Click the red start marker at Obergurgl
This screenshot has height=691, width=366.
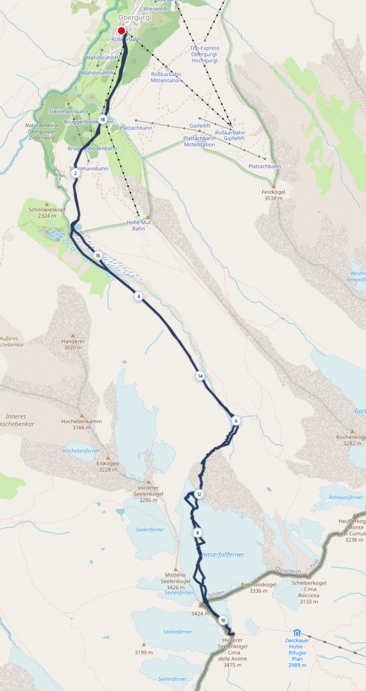(122, 31)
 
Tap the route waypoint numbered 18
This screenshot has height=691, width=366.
(103, 120)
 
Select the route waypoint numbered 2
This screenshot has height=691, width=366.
(76, 173)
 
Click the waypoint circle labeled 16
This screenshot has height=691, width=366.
(98, 256)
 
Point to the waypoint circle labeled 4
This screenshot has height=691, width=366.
(138, 296)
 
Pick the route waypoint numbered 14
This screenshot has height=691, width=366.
(200, 376)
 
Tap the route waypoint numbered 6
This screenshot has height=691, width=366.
(236, 421)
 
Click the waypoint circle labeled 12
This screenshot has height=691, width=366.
(199, 494)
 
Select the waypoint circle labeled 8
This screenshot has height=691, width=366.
(198, 533)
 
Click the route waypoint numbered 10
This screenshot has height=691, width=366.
(222, 620)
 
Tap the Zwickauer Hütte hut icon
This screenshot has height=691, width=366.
(297, 632)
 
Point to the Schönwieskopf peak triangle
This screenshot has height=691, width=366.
(47, 203)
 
